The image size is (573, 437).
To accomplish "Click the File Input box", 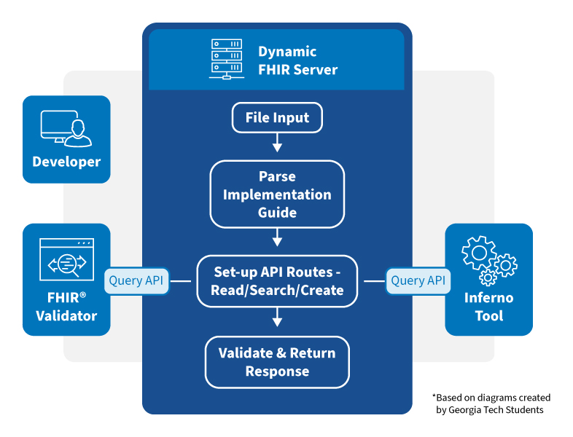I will point(276,118).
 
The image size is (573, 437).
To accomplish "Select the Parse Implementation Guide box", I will point(276,194).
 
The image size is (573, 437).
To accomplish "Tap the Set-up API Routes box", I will point(276,281).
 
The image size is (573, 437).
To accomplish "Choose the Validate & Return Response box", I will point(276,362).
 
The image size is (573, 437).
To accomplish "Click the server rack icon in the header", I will point(227,60).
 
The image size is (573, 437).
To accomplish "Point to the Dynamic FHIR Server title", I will point(297,60).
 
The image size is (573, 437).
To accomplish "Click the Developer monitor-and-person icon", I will point(66,128).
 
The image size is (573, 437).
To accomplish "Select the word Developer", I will point(66,162).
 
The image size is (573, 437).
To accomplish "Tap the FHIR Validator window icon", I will point(66,261).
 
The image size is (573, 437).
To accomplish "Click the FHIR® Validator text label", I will point(66,307).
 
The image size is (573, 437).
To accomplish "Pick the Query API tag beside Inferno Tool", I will point(418,280).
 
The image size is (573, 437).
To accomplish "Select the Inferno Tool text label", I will point(488,307).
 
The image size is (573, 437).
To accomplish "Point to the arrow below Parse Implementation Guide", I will point(276,239).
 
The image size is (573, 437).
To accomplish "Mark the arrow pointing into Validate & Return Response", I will point(276,319).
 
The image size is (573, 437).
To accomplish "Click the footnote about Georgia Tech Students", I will point(492,403).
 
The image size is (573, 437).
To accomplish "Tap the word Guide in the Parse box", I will point(276,213).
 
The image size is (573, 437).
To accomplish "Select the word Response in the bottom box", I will point(276,371).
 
